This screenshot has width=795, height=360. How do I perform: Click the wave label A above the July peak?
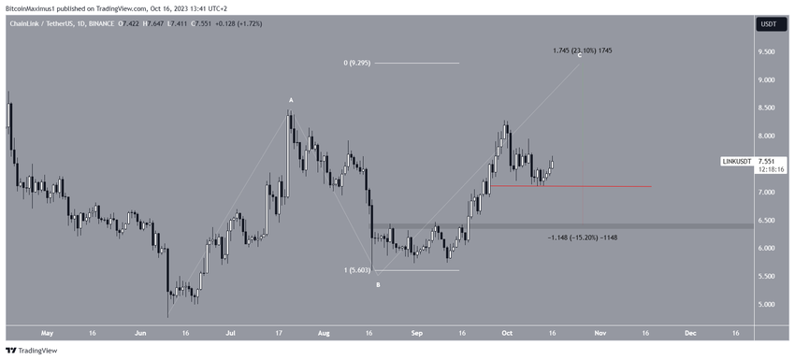pos(292,100)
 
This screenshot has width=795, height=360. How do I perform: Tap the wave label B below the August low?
pos(378,284)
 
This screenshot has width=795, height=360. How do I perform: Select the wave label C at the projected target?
pos(580,56)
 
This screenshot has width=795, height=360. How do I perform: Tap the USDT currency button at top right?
pos(769,24)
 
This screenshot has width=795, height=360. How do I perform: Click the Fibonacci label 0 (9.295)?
pos(357,63)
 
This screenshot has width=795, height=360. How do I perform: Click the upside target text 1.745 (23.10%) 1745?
pos(582,50)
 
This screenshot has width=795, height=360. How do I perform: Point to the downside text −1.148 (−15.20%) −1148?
pos(582,238)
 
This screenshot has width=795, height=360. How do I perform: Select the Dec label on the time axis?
pos(689,332)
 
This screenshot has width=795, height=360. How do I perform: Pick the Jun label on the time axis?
pos(141,332)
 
